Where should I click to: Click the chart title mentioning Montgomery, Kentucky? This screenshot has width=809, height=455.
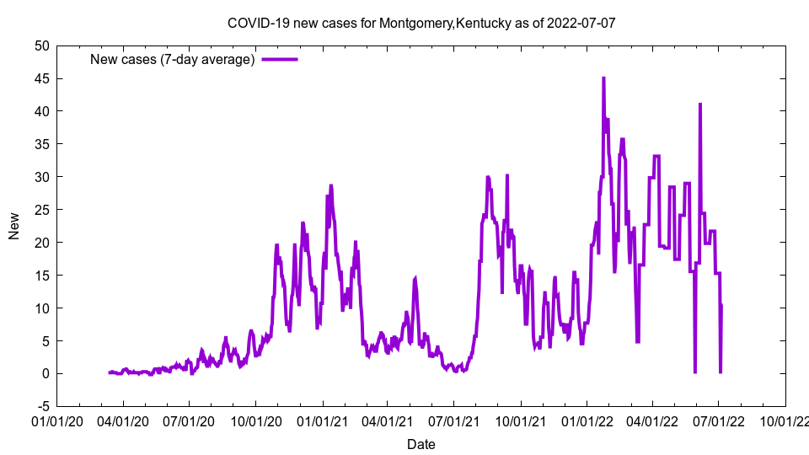pyautogui.click(x=421, y=23)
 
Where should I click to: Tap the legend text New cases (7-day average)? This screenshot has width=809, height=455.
pyautogui.click(x=173, y=59)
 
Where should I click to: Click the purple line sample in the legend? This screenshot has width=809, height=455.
pyautogui.click(x=280, y=59)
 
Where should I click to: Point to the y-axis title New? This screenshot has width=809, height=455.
pyautogui.click(x=14, y=226)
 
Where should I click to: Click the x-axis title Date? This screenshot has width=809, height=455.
pyautogui.click(x=421, y=444)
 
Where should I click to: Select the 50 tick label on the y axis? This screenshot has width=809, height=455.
pyautogui.click(x=41, y=45)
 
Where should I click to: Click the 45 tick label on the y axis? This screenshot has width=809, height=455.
pyautogui.click(x=41, y=78)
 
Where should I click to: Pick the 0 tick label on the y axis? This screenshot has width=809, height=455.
pyautogui.click(x=46, y=373)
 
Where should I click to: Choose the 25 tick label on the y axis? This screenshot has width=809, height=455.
pyautogui.click(x=41, y=210)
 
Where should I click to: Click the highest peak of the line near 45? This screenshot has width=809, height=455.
pyautogui.click(x=603, y=78)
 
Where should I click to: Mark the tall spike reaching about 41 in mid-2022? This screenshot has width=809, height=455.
pyautogui.click(x=699, y=104)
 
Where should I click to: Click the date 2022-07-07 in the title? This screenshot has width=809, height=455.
pyautogui.click(x=581, y=23)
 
